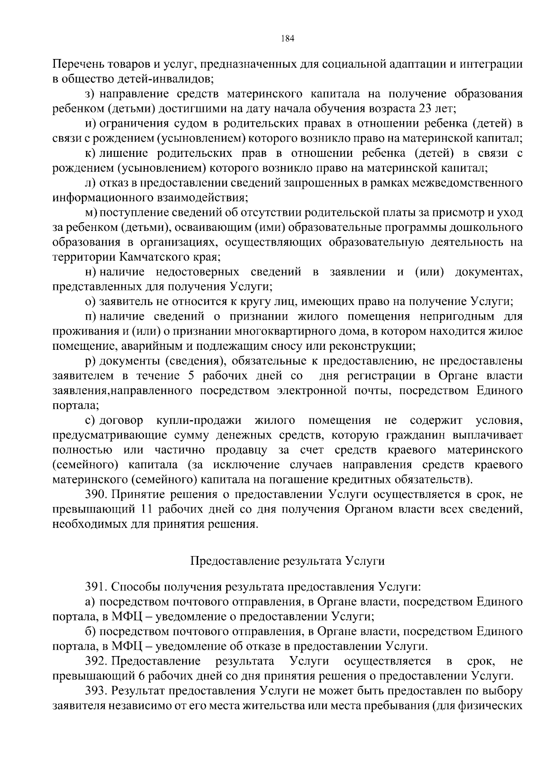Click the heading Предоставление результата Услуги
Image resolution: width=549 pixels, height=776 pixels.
(287, 561)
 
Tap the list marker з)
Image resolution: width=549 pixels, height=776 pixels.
(90, 94)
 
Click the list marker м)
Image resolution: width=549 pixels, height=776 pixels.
(90, 213)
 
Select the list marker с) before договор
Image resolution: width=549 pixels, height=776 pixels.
(90, 420)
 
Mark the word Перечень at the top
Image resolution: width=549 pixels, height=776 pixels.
(76, 64)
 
